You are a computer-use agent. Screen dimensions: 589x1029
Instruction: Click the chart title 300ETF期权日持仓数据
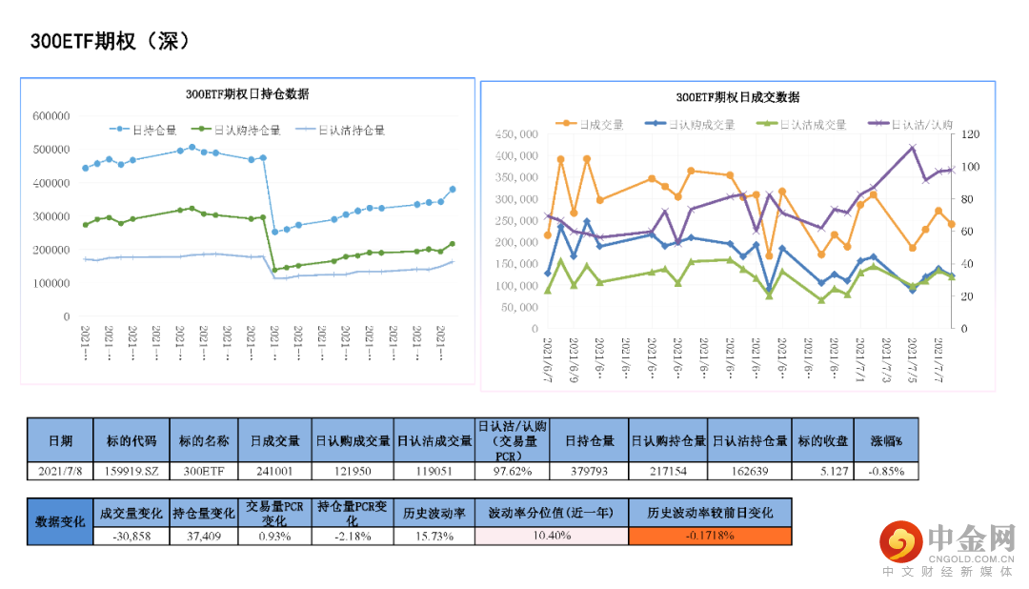pos(248,93)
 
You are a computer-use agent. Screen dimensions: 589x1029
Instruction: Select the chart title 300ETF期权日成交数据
pos(737,96)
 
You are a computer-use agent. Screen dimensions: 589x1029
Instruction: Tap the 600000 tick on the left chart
pos(51,116)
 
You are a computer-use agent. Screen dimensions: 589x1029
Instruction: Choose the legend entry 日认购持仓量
pos(246,131)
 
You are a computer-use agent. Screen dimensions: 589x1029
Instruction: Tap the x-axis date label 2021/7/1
pos(860,359)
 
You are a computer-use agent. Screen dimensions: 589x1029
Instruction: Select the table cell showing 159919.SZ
pos(133,470)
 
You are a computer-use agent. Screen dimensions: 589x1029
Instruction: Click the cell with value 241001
pos(274,470)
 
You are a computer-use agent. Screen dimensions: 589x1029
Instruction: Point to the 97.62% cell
pos(512,470)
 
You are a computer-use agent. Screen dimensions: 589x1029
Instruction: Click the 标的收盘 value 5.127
pos(822,470)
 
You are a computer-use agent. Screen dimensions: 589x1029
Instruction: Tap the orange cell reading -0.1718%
pos(710,536)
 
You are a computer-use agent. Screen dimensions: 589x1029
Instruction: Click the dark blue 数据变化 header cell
pos(60,521)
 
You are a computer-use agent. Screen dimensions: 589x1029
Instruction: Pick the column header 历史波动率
pos(435,512)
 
